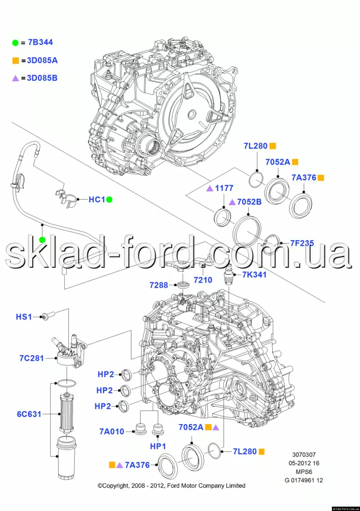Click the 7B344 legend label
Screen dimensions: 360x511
(x=40, y=42)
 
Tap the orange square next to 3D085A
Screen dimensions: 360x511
(x=16, y=60)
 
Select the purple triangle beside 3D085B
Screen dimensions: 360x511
(x=16, y=78)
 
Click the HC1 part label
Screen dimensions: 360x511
(x=97, y=199)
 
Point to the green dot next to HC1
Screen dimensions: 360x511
(x=109, y=199)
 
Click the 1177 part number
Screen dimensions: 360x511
(x=224, y=188)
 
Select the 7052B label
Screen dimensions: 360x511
(x=249, y=202)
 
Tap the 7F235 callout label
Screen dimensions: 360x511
(x=302, y=243)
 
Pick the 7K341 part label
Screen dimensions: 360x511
(x=254, y=275)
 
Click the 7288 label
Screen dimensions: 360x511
(x=159, y=285)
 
